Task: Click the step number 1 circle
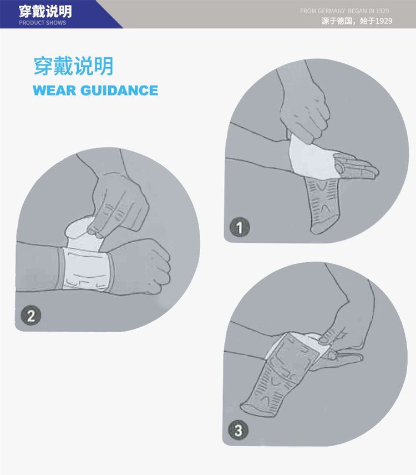[x=240, y=227]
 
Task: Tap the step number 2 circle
[x=31, y=316]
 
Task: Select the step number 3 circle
[x=238, y=430]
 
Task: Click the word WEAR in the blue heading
[x=54, y=90]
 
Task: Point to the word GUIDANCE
[x=119, y=90]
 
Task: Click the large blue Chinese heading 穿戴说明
[x=74, y=66]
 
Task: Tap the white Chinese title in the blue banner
[x=45, y=12]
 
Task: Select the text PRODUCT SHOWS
[x=42, y=23]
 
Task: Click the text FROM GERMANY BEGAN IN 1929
[x=344, y=11]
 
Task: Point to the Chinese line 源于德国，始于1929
[x=357, y=21]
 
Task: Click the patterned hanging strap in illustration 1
[x=324, y=205]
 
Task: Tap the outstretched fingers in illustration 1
[x=356, y=167]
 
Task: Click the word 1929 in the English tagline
[x=382, y=11]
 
